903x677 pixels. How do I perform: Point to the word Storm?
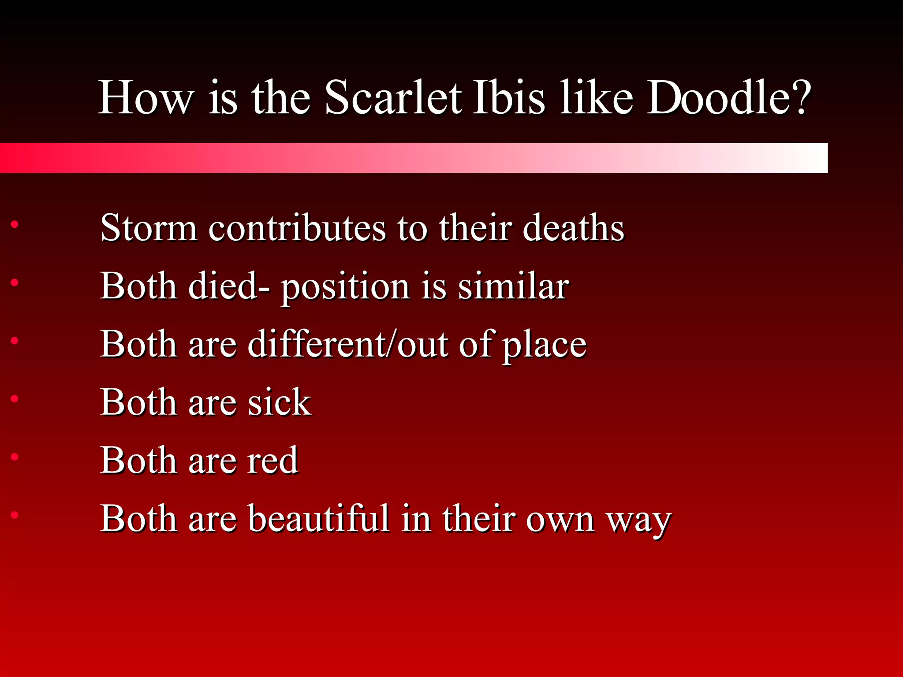[x=149, y=228]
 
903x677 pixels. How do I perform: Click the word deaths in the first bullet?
[x=573, y=228]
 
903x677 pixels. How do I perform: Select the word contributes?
[x=297, y=228]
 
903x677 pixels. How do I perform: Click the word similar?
[x=513, y=286]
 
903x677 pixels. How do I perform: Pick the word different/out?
[x=348, y=344]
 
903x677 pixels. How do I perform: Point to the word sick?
[x=280, y=402]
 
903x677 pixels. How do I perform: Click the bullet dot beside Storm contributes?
[x=15, y=225]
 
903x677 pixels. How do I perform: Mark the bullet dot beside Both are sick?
[x=15, y=399]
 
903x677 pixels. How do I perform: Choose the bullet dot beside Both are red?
[x=15, y=457]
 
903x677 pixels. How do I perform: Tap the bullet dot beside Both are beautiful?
[x=15, y=515]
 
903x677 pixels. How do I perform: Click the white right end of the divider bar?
[x=811, y=158]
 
